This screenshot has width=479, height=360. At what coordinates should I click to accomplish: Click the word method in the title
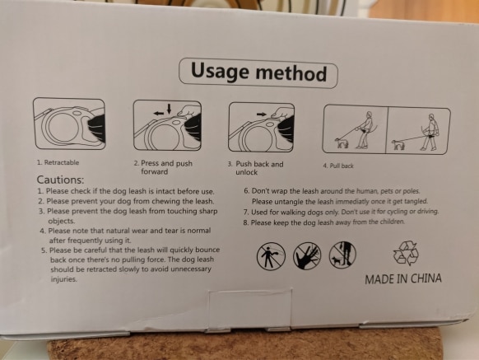click(x=291, y=73)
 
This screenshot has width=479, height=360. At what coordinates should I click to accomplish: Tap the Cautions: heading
click(x=60, y=180)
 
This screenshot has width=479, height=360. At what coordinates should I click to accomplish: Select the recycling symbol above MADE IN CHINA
click(x=406, y=253)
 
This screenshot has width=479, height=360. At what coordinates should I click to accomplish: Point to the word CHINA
click(x=426, y=278)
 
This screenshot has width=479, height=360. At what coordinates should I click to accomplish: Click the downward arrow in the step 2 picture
click(x=170, y=109)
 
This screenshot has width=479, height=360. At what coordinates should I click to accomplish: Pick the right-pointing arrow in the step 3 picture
click(x=262, y=115)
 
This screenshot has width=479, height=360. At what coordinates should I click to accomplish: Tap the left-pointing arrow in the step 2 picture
click(x=159, y=114)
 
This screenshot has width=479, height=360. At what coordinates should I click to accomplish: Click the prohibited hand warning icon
click(x=307, y=256)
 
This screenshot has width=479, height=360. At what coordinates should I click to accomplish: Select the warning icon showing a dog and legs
click(x=342, y=255)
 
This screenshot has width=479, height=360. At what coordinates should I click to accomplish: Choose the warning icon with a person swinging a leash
click(x=271, y=256)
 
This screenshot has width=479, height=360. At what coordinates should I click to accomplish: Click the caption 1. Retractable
click(x=58, y=162)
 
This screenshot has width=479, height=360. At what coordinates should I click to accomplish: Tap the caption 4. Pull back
click(x=338, y=166)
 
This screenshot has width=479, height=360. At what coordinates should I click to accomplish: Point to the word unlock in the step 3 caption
click(x=247, y=172)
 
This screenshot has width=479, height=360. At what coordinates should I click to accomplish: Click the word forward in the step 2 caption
click(x=154, y=171)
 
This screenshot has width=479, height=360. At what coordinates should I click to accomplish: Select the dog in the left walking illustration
click(x=340, y=143)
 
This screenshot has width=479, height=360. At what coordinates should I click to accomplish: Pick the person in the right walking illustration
click(x=430, y=132)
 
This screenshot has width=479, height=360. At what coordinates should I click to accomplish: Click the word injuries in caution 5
click(x=63, y=279)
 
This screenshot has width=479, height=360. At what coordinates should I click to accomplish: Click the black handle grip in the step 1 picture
click(x=97, y=128)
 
